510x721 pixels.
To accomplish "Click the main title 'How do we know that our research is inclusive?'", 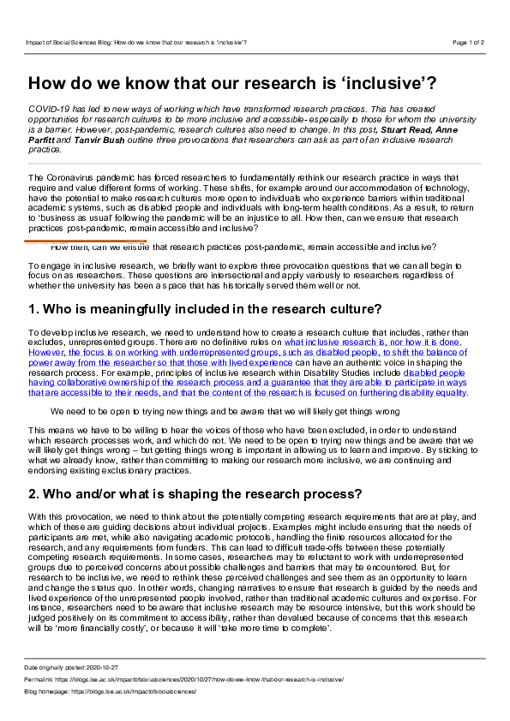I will click(231, 83).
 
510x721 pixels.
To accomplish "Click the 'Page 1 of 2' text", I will click(468, 41).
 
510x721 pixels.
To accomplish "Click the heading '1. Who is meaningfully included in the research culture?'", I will click(205, 308).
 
